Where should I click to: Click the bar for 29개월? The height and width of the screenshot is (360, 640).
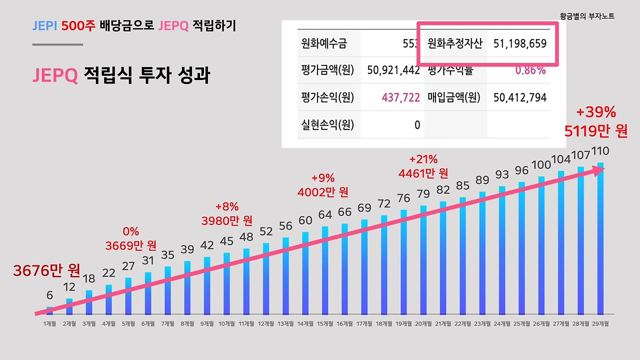tap(600, 240)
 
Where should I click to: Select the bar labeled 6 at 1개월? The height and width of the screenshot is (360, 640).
tap(49, 310)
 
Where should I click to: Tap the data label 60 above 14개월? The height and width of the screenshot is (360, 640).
tap(305, 220)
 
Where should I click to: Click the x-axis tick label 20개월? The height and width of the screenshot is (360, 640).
tap(423, 323)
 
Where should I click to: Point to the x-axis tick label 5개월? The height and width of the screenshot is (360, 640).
tap(128, 323)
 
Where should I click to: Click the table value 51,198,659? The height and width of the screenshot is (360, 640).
tap(520, 43)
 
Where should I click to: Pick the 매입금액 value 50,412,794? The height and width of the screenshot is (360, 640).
tap(520, 97)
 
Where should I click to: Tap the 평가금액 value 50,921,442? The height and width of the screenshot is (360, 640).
tap(393, 70)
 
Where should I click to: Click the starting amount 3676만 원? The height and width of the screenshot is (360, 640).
tap(46, 270)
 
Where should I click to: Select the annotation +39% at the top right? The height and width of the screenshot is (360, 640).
tap(595, 111)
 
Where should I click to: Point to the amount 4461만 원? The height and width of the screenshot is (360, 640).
tap(423, 173)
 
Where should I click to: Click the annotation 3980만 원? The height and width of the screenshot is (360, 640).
tap(227, 220)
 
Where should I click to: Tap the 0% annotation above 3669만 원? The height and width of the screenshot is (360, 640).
tap(130, 231)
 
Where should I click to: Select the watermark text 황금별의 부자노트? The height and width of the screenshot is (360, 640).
tap(587, 16)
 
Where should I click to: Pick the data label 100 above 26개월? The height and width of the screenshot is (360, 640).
tap(541, 164)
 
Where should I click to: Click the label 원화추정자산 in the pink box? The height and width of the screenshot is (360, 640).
tap(454, 43)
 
